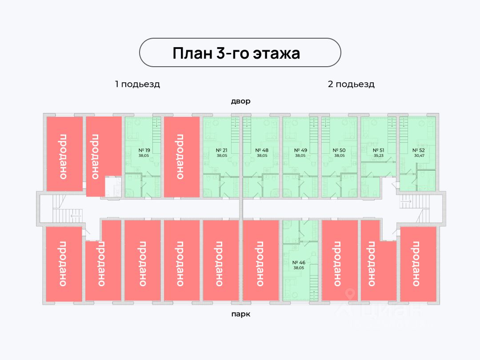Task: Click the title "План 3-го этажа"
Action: coord(236,53)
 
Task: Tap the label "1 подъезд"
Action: coord(137,84)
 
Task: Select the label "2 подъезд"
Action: coord(351,84)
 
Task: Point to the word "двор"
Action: coord(240,101)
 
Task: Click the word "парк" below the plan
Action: coord(240,314)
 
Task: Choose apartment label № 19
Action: coord(144,150)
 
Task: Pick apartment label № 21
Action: coord(221,150)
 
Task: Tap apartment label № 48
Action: coord(262,150)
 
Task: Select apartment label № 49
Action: coord(300,150)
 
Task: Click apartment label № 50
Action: coord(339,150)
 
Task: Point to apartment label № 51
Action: coord(378,150)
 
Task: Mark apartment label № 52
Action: coord(418,150)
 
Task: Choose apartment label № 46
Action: coord(299,263)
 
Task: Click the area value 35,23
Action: coord(378,156)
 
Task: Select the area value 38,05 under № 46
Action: coord(299,268)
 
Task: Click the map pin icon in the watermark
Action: coord(351,293)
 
